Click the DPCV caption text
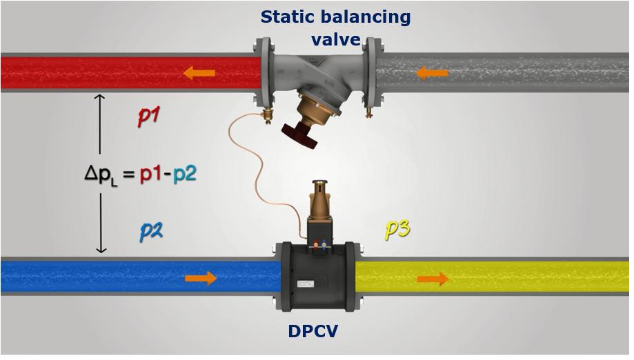click(313, 332)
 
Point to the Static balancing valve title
click(335, 27)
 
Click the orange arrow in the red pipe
click(199, 72)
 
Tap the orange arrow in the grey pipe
click(433, 72)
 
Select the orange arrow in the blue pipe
click(201, 278)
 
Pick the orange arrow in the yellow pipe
click(433, 279)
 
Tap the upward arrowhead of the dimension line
click(100, 99)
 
